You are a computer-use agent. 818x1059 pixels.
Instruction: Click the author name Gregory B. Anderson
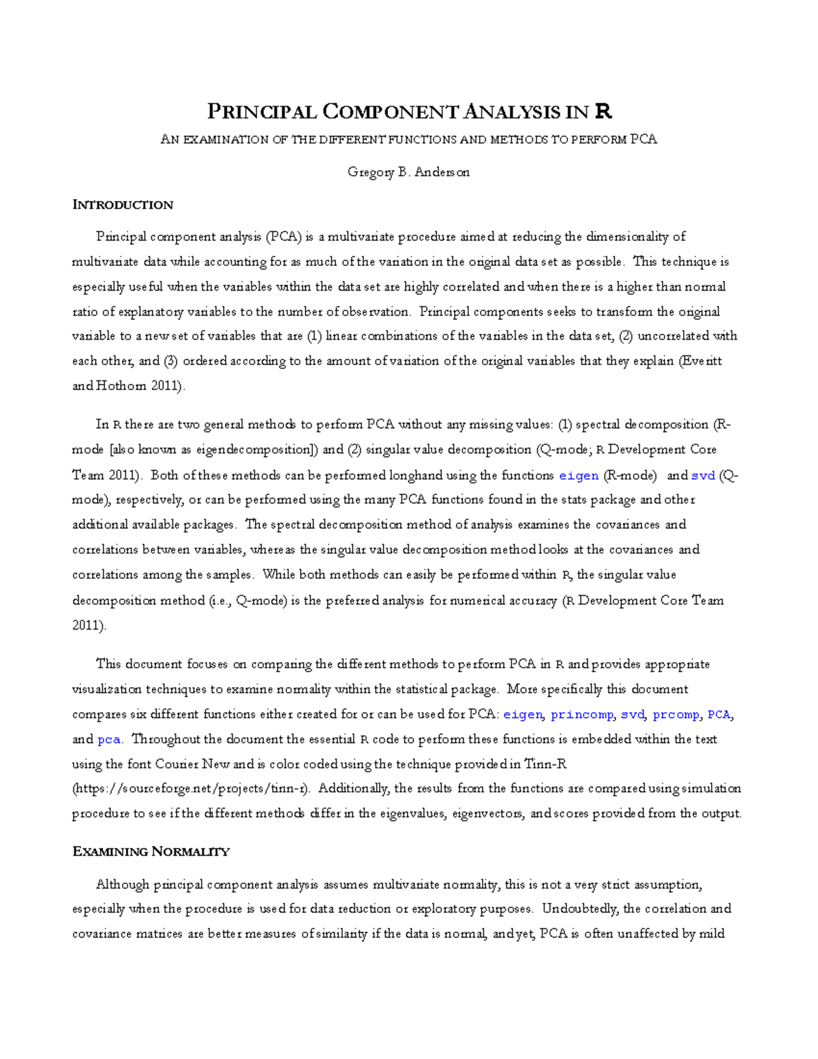[408, 172]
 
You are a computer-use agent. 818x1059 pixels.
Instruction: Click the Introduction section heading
[123, 205]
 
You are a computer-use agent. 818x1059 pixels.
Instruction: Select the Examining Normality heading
[151, 851]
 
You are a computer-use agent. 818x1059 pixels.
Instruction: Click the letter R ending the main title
[603, 110]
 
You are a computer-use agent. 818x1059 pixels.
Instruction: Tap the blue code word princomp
[581, 715]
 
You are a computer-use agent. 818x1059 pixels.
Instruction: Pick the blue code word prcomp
[676, 715]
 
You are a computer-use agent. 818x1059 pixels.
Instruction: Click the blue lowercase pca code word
[108, 739]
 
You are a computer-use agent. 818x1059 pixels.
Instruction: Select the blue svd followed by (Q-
[703, 475]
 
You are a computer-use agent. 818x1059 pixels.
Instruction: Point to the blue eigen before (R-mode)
[578, 475]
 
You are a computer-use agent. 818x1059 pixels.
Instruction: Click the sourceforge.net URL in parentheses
[191, 788]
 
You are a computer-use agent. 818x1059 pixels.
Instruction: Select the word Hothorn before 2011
[122, 386]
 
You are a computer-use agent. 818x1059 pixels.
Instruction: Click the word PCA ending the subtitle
[643, 140]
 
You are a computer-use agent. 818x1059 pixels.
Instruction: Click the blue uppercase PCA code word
[718, 715]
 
